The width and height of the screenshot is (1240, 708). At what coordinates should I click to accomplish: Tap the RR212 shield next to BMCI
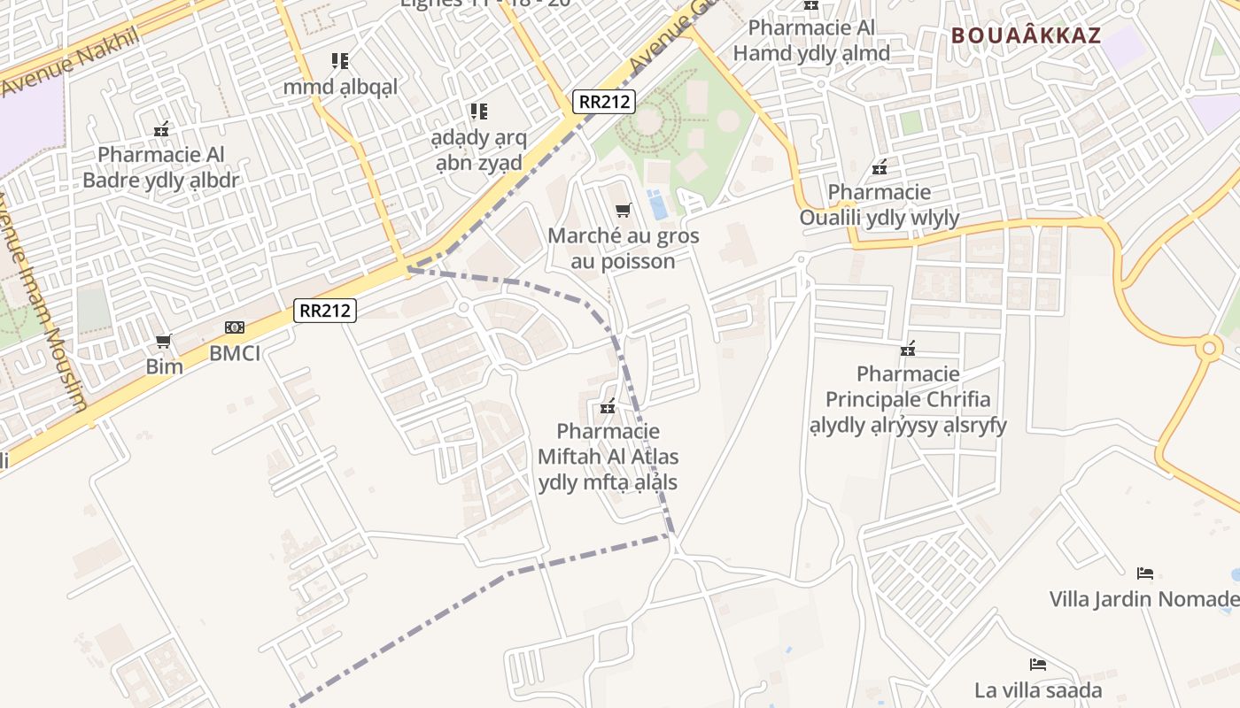325,311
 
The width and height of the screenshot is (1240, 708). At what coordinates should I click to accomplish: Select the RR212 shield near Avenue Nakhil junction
605,102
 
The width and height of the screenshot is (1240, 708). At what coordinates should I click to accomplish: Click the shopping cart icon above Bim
163,342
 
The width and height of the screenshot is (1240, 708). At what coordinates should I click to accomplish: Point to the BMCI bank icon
235,327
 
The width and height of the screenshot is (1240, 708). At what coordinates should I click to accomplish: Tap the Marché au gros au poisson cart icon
624,211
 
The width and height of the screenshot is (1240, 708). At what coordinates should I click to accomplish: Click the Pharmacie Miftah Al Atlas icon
608,407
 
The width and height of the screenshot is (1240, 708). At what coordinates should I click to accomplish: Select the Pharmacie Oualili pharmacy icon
880,166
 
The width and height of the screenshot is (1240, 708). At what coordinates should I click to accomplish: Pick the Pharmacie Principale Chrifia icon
908,349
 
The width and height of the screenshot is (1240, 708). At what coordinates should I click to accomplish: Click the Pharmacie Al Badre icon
161,130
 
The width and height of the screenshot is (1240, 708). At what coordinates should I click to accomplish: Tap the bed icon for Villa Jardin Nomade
1144,573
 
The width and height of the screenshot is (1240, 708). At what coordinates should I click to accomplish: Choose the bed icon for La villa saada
1038,665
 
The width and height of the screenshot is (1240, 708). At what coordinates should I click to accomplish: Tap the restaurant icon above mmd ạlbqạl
340,61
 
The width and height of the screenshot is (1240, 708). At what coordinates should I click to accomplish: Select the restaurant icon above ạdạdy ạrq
478,112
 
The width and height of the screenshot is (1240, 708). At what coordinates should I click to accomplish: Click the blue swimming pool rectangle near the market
658,204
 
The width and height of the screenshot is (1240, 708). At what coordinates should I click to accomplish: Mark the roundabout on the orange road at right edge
1208,349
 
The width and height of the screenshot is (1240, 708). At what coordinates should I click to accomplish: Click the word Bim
165,366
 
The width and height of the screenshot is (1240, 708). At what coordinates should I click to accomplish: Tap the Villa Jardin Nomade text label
1143,599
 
